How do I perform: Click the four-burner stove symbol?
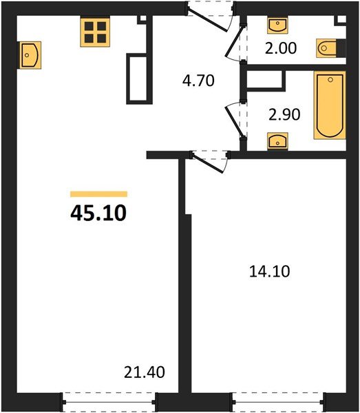pyautogui.click(x=95, y=32)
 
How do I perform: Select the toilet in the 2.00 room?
pyautogui.click(x=329, y=49)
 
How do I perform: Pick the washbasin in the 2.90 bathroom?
pyautogui.click(x=278, y=142)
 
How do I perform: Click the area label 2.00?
pyautogui.click(x=280, y=50)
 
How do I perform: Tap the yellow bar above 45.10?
pyautogui.click(x=98, y=194)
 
